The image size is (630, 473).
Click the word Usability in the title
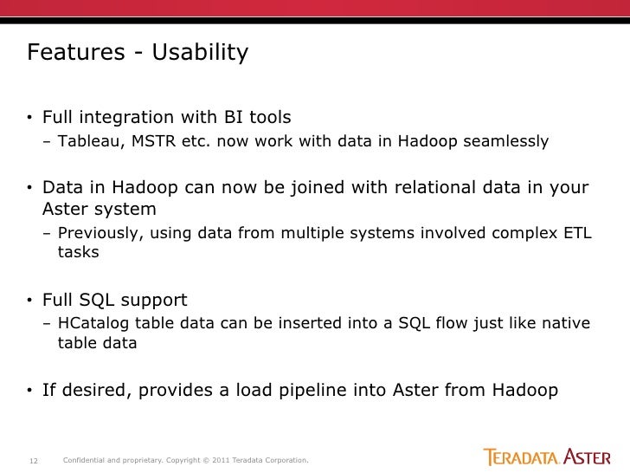click(x=201, y=54)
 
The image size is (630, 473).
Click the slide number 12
click(x=35, y=459)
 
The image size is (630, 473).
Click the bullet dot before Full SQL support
click(x=29, y=301)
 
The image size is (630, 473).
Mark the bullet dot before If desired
click(x=29, y=391)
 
